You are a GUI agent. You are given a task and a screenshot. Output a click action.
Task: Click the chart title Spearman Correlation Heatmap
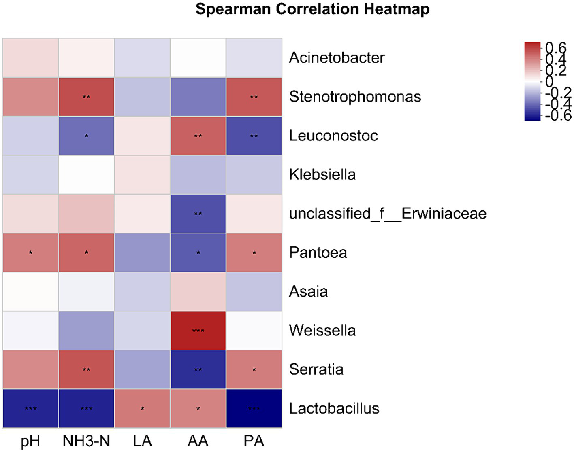312,9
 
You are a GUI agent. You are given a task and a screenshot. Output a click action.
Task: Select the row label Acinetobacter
337,58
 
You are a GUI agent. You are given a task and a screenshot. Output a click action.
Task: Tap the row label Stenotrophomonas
355,97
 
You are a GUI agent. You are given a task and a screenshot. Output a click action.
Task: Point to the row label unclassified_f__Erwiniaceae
388,214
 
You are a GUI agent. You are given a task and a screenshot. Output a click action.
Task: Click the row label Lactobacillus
334,408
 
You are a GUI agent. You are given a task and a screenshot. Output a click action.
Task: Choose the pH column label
30,441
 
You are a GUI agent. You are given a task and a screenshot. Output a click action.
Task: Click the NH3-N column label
86,441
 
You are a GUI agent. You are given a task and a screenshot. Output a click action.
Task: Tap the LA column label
142,441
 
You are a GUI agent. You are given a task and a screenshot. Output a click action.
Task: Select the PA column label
254,441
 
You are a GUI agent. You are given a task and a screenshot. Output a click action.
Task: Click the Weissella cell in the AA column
198,331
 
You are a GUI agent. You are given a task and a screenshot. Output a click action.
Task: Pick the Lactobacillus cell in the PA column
254,408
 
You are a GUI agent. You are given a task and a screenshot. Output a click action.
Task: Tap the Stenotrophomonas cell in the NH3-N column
86,97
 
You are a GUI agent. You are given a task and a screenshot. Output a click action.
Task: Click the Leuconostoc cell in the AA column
198,136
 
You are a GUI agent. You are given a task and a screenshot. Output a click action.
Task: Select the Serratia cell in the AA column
198,369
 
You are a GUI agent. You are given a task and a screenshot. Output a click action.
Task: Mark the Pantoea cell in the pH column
30,253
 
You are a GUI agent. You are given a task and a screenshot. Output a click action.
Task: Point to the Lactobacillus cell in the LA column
142,408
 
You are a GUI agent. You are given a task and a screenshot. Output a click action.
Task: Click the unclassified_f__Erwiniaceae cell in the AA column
198,214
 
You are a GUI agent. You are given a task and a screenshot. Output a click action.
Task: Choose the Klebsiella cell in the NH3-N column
86,175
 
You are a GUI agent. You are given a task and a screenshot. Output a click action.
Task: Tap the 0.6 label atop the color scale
556,48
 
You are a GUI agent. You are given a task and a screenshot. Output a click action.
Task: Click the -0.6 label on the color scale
558,115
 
